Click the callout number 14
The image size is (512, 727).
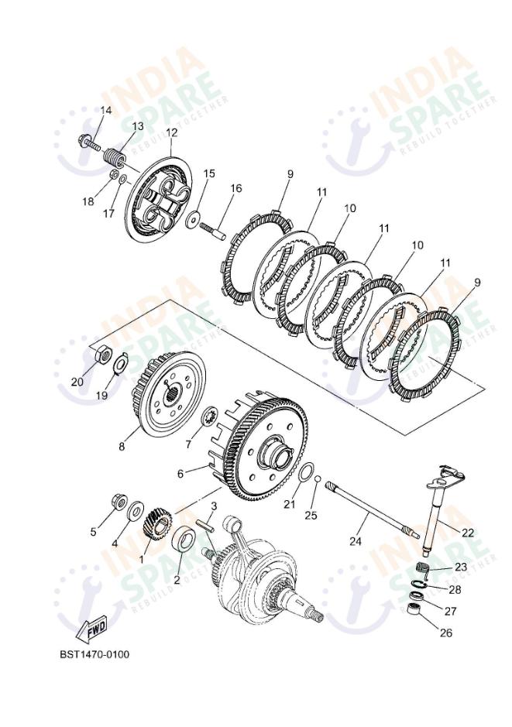click(x=105, y=111)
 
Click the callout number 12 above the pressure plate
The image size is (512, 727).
click(x=171, y=132)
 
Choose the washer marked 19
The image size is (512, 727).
click(x=121, y=363)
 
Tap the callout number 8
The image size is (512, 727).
click(x=122, y=446)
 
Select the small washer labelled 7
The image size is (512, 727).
click(x=208, y=419)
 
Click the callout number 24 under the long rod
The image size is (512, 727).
click(x=355, y=541)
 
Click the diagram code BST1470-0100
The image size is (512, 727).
click(x=94, y=654)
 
